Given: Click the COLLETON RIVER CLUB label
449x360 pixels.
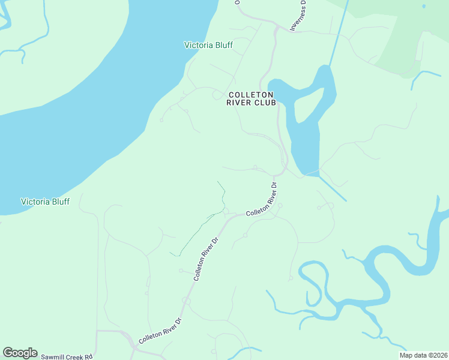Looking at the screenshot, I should point(251,99).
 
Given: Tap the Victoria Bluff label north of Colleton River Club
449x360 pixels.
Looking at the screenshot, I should point(208,45).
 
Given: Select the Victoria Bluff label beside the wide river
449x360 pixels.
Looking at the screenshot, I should point(45,202).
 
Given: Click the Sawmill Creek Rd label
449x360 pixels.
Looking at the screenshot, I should point(67,356).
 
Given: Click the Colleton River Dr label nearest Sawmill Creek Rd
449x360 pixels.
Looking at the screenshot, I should point(159,331).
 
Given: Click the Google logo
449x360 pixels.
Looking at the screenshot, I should point(20,353).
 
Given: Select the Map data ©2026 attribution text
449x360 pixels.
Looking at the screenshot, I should point(424,355).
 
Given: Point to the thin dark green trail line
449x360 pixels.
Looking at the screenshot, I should point(198,230).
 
